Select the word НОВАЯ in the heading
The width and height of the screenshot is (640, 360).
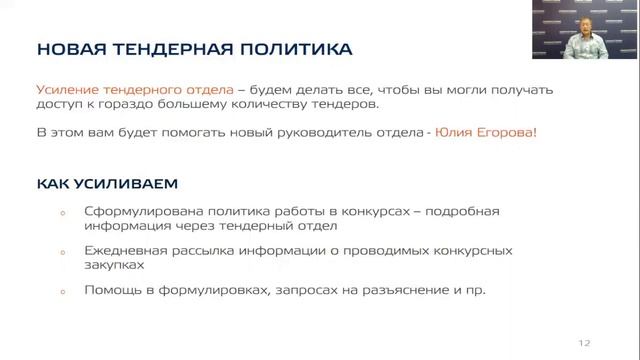pyautogui.click(x=66, y=48)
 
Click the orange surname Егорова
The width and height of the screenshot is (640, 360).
pyautogui.click(x=509, y=133)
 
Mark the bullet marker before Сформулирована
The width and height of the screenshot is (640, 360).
pyautogui.click(x=62, y=212)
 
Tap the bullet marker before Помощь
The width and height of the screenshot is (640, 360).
pyautogui.click(x=62, y=292)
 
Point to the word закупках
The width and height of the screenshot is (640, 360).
pyautogui.click(x=115, y=265)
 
